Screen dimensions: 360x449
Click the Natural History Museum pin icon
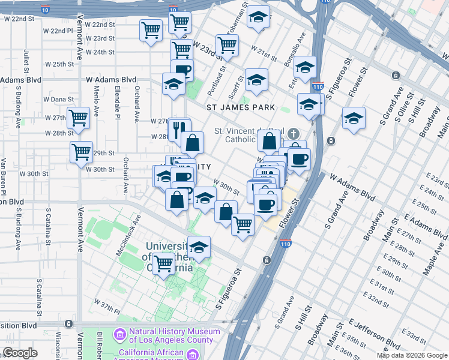click(119, 334)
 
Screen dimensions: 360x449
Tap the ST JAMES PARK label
click(240, 107)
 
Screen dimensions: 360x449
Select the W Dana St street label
click(59, 99)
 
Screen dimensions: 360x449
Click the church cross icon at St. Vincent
click(294, 133)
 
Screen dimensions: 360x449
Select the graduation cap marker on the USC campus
click(199, 246)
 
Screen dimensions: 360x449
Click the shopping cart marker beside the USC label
click(163, 263)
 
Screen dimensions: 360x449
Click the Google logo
click(20, 353)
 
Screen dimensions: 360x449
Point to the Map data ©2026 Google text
click(412, 355)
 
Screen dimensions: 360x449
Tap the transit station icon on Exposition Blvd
click(68, 324)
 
